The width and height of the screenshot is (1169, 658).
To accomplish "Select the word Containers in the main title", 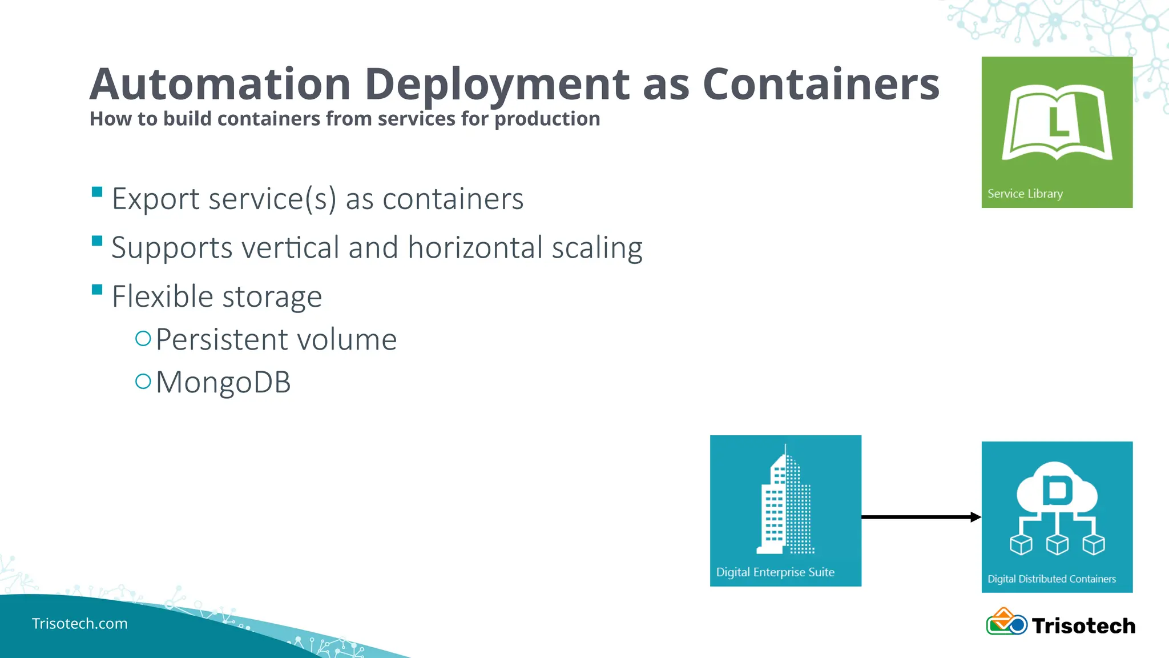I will [821, 85].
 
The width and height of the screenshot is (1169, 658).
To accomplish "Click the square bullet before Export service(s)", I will [97, 192].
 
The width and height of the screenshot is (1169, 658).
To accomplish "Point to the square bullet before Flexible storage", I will [97, 290].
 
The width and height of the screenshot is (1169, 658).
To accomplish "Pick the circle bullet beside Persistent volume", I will [143, 339].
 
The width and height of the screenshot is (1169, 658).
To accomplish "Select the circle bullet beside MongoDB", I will [143, 382].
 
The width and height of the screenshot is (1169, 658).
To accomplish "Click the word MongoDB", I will [223, 382].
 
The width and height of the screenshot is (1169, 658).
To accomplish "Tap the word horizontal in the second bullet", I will [475, 248].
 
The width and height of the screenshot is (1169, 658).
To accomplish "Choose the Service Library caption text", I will [1025, 194].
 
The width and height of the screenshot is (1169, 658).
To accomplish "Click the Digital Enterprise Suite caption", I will [775, 572].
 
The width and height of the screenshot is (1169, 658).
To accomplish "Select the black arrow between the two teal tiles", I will [921, 517].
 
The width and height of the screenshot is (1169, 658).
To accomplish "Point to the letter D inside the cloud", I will [1057, 490].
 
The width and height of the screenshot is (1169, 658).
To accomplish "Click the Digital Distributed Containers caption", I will [1051, 579].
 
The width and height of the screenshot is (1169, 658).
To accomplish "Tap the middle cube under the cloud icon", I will [1057, 544].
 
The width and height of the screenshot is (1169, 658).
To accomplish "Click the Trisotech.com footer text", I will [80, 623].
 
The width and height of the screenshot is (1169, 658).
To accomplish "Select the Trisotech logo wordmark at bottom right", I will [1083, 626].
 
